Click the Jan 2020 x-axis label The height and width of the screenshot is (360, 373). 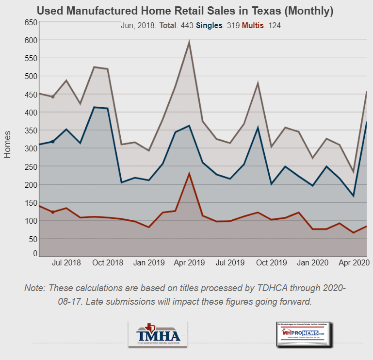pyautogui.click(x=312, y=262)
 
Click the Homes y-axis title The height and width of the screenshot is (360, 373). pyautogui.click(x=8, y=144)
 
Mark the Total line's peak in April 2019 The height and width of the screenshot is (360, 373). pyautogui.click(x=189, y=42)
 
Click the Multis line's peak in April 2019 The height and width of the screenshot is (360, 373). pyautogui.click(x=189, y=173)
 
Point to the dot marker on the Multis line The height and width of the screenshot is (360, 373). pyautogui.click(x=53, y=212)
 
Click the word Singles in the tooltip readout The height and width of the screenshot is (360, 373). pyautogui.click(x=210, y=25)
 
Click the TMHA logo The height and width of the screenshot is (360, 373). pyautogui.click(x=158, y=334)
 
